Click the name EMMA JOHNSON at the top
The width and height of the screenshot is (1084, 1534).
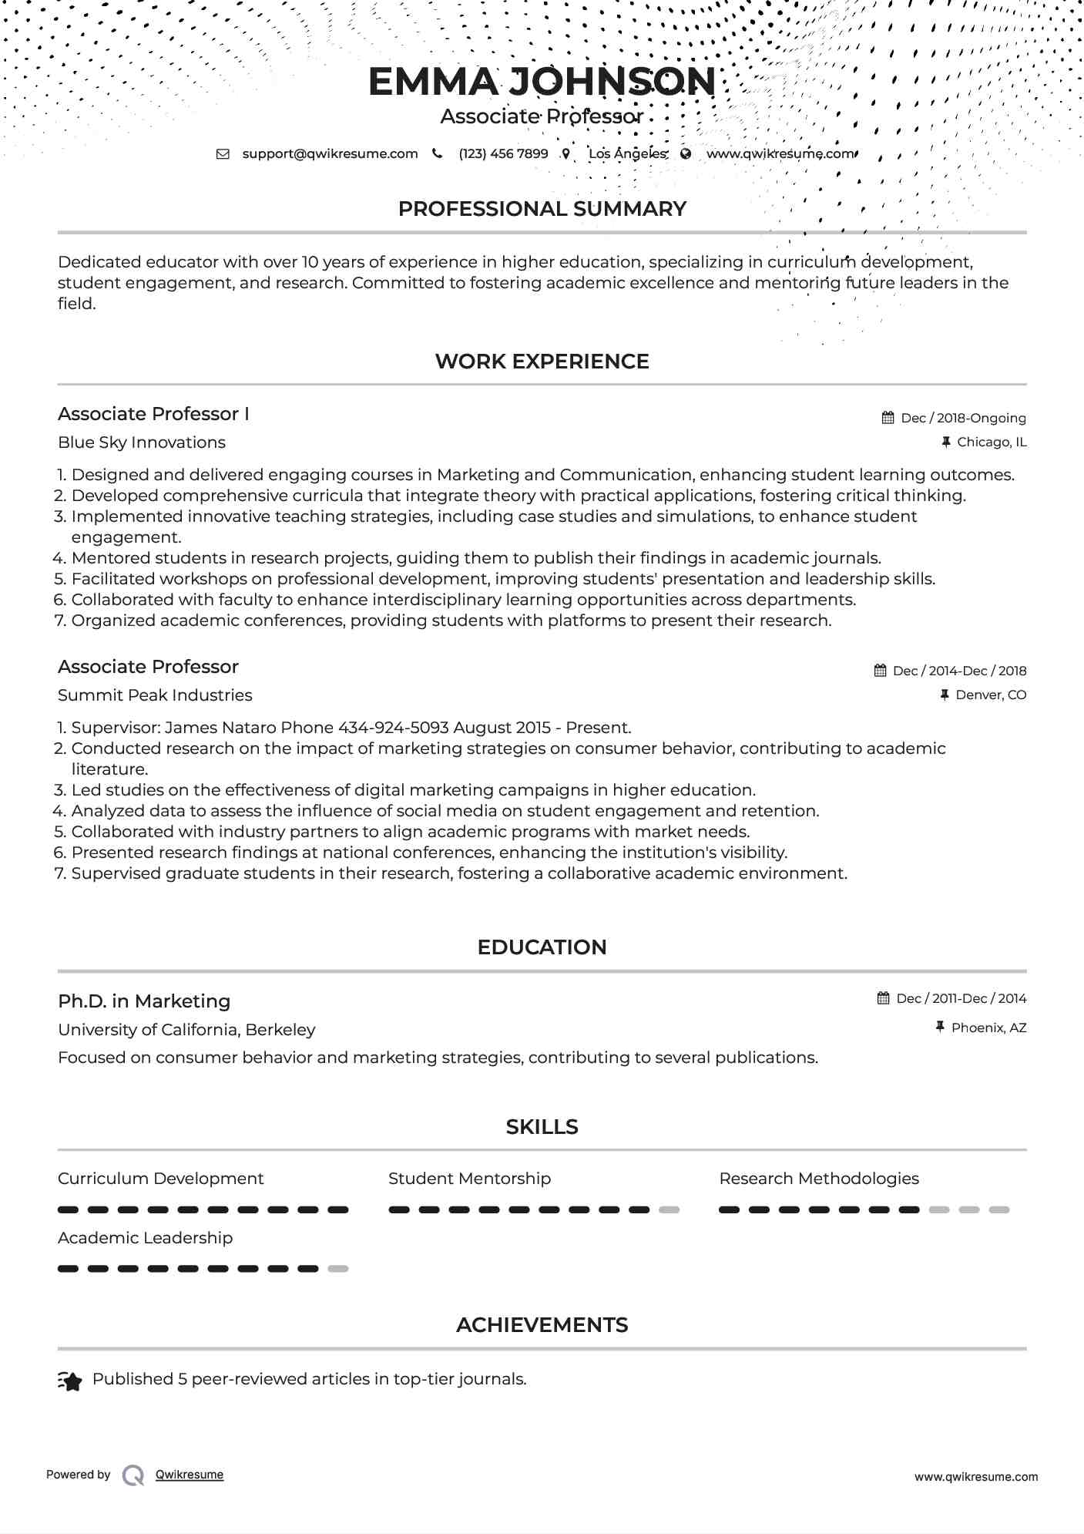tap(542, 82)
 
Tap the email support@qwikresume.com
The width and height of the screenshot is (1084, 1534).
tap(330, 153)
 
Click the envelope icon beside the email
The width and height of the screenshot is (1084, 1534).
tap(223, 153)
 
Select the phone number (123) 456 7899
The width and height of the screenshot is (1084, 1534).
tap(503, 153)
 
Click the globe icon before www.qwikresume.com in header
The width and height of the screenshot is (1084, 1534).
tap(686, 153)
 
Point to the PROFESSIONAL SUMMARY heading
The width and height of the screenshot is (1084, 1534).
tap(542, 209)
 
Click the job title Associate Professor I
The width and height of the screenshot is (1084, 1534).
tap(153, 414)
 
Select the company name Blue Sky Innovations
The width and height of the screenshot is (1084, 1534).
tap(142, 442)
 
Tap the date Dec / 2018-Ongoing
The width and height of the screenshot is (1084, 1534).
tap(963, 418)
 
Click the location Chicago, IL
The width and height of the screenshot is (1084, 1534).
tap(991, 442)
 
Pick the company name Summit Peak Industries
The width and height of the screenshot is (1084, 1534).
tap(155, 695)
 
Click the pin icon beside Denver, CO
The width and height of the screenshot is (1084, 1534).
tap(944, 695)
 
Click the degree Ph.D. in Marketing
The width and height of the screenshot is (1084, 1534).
tap(144, 1001)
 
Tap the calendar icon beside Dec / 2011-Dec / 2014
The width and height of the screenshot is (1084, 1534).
tap(884, 998)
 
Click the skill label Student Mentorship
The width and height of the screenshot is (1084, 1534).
tap(469, 1179)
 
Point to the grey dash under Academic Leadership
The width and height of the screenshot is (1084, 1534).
tap(338, 1269)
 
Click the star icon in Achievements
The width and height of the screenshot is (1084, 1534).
tap(70, 1381)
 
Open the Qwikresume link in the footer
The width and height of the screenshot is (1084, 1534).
tap(190, 1475)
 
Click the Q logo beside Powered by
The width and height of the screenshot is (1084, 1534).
tap(133, 1475)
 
